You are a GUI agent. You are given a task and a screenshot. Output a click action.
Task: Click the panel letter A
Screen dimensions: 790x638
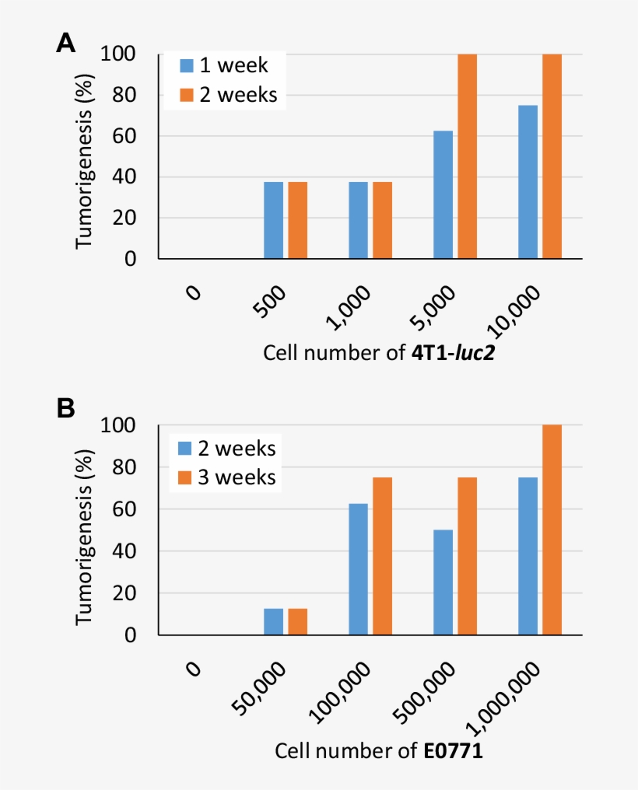click(x=65, y=44)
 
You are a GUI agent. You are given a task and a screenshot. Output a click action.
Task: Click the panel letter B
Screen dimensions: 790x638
click(x=65, y=407)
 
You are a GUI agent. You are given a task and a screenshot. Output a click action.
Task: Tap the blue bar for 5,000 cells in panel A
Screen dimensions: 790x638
click(x=443, y=194)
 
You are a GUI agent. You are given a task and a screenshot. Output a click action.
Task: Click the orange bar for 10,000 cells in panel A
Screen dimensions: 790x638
click(x=552, y=156)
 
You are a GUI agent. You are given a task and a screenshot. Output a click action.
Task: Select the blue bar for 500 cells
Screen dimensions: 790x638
click(x=274, y=220)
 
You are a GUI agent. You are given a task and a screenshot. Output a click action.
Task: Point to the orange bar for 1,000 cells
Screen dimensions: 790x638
click(x=382, y=220)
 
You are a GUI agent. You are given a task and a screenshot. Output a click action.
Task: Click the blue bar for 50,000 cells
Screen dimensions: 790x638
click(x=274, y=621)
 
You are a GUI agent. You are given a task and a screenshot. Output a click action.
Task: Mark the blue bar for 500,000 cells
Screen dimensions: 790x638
click(x=443, y=582)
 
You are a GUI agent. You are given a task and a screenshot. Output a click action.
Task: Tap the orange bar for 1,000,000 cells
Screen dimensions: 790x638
click(x=552, y=530)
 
